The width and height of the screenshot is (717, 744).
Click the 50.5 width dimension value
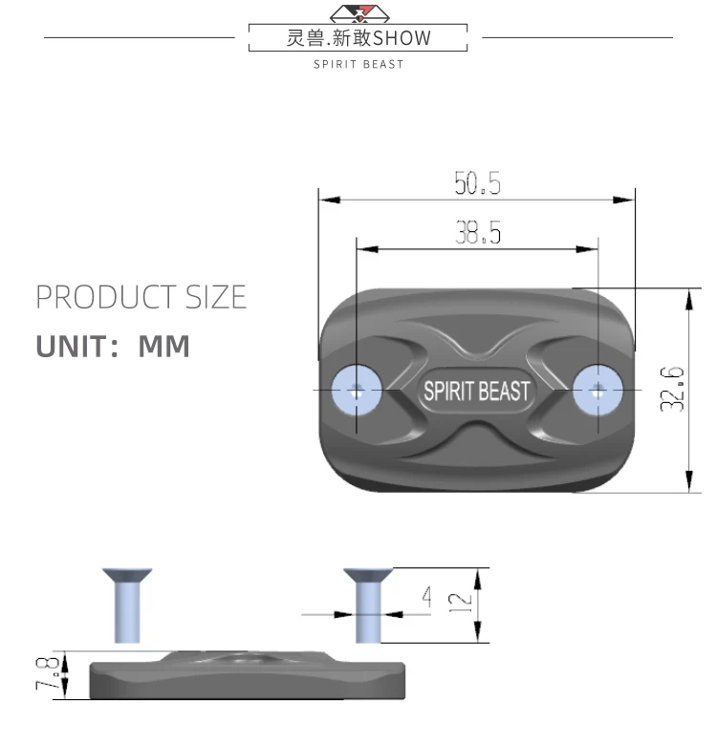click(x=477, y=183)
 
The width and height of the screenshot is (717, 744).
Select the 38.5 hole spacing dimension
click(x=478, y=232)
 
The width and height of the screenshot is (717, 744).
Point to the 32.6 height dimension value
click(x=672, y=389)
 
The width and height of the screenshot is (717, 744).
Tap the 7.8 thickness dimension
click(x=48, y=673)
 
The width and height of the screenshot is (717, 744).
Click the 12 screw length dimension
click(x=460, y=603)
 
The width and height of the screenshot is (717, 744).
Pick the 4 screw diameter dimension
click(x=427, y=597)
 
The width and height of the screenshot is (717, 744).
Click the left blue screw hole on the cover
click(x=357, y=391)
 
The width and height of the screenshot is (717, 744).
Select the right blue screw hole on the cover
click(x=597, y=390)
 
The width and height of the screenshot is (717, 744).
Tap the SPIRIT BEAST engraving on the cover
click(x=476, y=392)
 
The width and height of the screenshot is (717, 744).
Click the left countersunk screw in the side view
click(x=127, y=606)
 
